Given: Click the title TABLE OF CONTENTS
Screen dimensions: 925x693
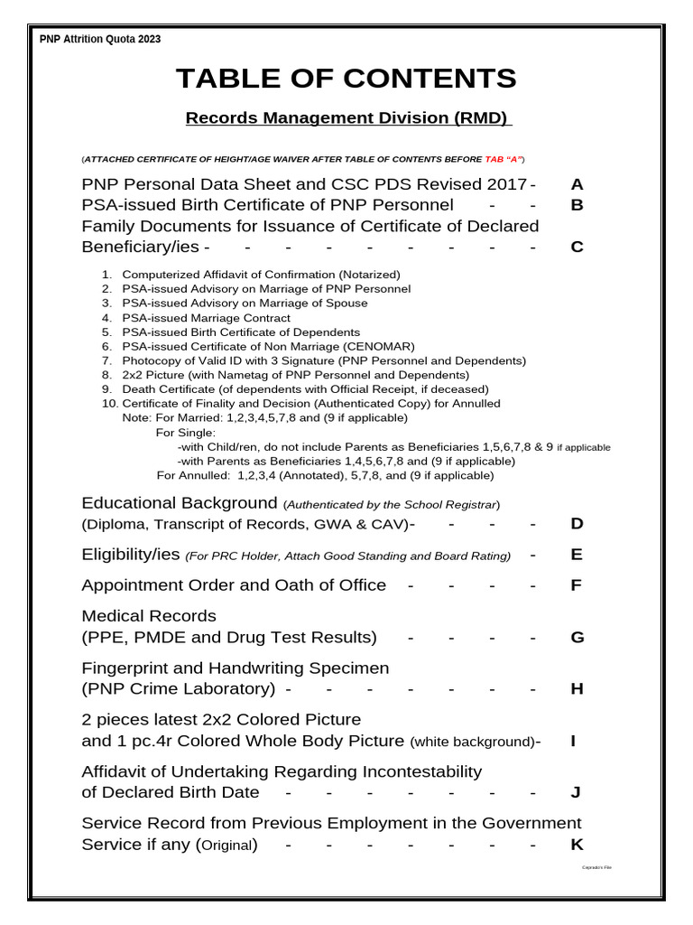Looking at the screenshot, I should pyautogui.click(x=346, y=79).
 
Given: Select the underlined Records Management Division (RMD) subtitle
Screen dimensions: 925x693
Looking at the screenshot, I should pyautogui.click(x=347, y=118).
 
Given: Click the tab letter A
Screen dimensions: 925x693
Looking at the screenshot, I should pyautogui.click(x=577, y=184).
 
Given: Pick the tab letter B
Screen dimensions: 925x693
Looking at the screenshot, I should pyautogui.click(x=577, y=205).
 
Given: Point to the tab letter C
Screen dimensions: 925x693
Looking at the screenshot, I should pyautogui.click(x=577, y=247).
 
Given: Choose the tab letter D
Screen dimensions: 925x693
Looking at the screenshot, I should pyautogui.click(x=577, y=524).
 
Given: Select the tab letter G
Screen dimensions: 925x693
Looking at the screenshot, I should pyautogui.click(x=577, y=638).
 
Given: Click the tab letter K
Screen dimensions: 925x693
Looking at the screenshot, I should pyautogui.click(x=577, y=846).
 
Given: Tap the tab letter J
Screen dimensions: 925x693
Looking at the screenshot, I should pyautogui.click(x=576, y=793).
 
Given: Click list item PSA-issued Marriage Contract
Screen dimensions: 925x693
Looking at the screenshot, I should pyautogui.click(x=206, y=318).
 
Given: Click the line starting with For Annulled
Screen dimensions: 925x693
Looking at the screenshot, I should pyautogui.click(x=325, y=475).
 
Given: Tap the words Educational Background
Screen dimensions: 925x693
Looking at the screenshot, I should pyautogui.click(x=179, y=503).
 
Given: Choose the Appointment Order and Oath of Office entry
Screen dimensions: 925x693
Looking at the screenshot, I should pyautogui.click(x=234, y=585).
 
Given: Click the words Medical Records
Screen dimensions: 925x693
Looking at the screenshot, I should pyautogui.click(x=149, y=616).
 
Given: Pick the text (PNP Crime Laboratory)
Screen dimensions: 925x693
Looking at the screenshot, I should pyautogui.click(x=179, y=689).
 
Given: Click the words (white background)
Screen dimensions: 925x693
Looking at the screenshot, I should pyautogui.click(x=472, y=742).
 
